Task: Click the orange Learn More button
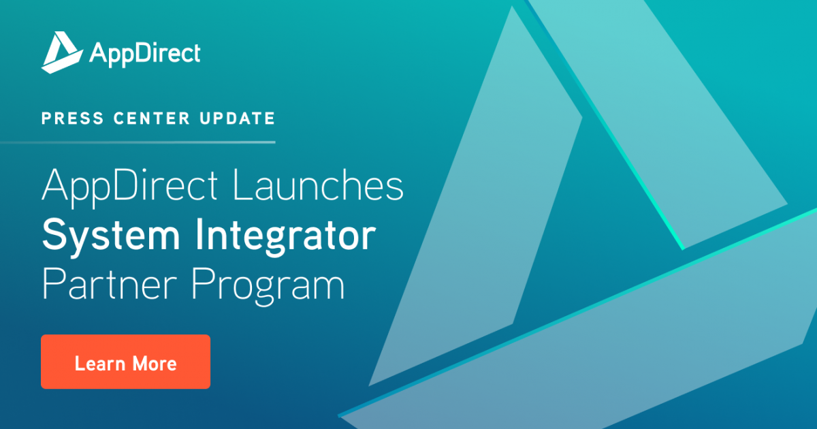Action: (x=125, y=362)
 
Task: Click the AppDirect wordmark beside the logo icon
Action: (x=144, y=53)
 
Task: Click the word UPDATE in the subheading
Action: (x=228, y=118)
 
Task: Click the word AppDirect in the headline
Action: (x=130, y=187)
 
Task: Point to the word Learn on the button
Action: (x=99, y=362)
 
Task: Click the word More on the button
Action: (x=155, y=362)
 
